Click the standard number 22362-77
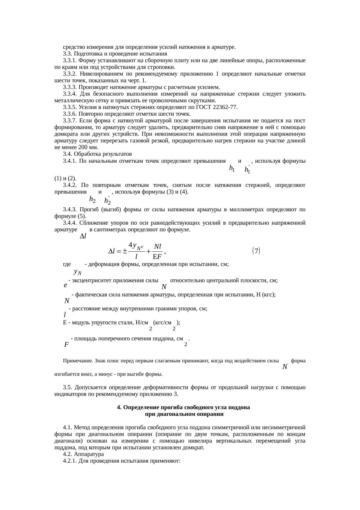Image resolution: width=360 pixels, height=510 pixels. pos(226,107)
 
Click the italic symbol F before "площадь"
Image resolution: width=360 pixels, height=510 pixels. pos(66,345)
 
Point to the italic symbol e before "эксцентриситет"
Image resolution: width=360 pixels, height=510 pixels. pos(66,285)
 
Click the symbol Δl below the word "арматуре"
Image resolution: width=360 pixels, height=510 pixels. pos(83,237)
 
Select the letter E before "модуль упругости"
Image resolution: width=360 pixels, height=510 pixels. pos(65,323)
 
